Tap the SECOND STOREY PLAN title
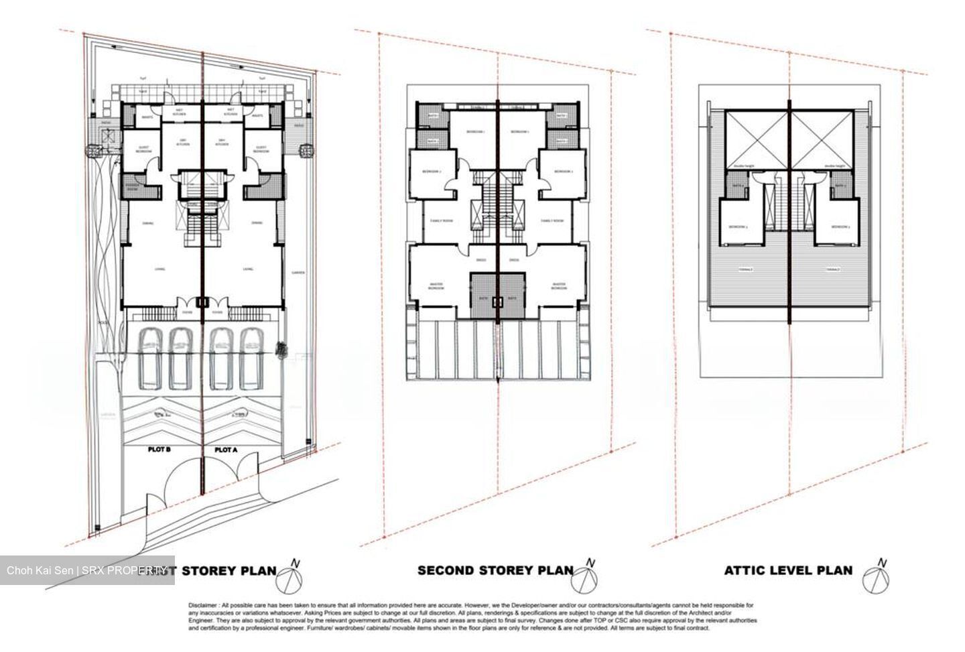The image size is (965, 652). click(495, 570)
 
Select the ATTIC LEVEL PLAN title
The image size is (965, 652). click(788, 570)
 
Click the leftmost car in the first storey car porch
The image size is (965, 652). click(149, 358)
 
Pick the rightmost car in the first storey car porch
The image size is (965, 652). click(252, 358)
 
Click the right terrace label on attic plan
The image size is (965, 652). click(833, 269)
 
